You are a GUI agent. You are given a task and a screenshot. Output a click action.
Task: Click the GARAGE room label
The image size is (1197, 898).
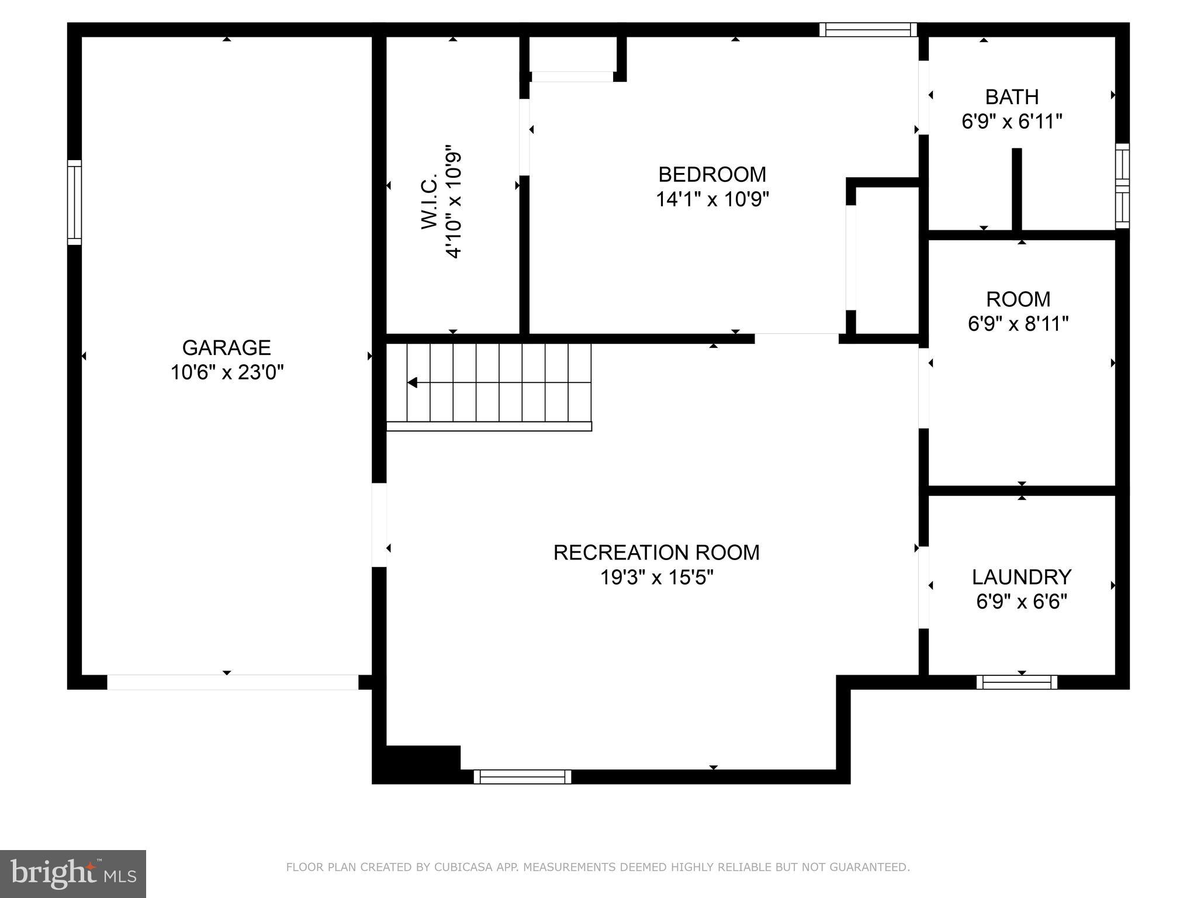pos(226,347)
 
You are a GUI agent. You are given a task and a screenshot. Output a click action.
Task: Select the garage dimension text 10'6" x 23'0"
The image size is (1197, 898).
pos(226,372)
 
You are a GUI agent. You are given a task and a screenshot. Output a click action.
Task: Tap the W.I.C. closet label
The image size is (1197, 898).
pos(429,201)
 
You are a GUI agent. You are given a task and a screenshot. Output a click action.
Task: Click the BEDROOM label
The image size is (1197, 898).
pos(712,174)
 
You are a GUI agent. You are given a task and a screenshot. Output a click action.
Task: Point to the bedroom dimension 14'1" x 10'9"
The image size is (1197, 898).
pos(712,199)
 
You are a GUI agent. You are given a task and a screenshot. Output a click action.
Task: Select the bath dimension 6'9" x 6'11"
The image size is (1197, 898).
pos(1012,122)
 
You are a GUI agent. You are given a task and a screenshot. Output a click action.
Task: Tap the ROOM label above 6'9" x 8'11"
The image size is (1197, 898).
pos(1018,299)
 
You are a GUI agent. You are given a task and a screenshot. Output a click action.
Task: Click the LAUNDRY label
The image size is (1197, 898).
pos(1021,576)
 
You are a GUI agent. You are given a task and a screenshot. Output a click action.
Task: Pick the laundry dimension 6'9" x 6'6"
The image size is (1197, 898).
pos(1021,601)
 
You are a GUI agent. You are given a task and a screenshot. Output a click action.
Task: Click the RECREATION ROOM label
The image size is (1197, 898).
pos(656,552)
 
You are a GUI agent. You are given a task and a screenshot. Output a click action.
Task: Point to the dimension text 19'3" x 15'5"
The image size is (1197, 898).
pos(656,578)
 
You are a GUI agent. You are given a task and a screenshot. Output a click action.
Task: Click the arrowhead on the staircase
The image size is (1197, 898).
pos(412,383)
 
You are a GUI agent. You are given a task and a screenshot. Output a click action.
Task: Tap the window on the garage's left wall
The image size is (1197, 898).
pos(74,202)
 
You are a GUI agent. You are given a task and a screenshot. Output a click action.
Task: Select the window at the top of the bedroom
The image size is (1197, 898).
pos(868,30)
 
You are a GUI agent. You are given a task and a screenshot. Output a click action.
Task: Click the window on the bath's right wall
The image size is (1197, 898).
pos(1122,186)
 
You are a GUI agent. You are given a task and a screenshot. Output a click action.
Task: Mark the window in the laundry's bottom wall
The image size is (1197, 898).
pos(1016,682)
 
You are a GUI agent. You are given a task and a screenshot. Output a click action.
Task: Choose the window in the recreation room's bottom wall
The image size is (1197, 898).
pos(522,776)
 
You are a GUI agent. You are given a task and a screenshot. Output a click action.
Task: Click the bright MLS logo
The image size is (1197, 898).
pos(72,873)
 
